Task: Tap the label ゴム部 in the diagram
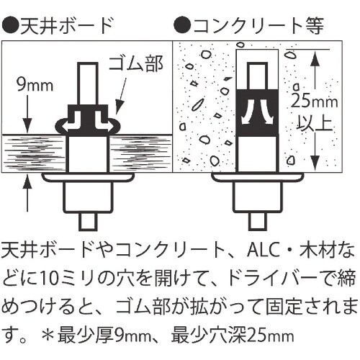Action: coord(136,63)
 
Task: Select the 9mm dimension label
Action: coord(35,85)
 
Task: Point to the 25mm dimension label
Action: coord(315,101)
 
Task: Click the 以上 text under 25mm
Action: coord(315,123)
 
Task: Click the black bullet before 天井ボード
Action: coord(10,25)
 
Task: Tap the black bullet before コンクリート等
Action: coord(183,25)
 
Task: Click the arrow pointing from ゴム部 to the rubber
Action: coord(122,94)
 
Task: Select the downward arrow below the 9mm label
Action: coord(28,114)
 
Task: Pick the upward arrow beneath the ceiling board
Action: coord(28,193)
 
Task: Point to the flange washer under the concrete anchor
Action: coord(258,177)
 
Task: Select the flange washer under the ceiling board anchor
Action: coord(88,177)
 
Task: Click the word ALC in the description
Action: coord(264,251)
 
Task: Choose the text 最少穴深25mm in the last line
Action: coord(233,335)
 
